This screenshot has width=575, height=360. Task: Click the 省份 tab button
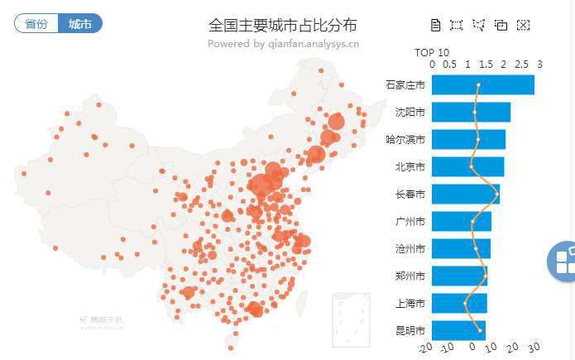pyautogui.click(x=36, y=23)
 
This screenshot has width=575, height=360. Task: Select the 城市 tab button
pyautogui.click(x=80, y=23)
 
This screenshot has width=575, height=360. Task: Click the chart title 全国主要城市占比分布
pyautogui.click(x=283, y=25)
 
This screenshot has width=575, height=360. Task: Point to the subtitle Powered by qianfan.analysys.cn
pyautogui.click(x=283, y=43)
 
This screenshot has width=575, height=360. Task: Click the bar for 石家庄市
pyautogui.click(x=482, y=84)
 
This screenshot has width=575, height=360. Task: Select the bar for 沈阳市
pyautogui.click(x=471, y=112)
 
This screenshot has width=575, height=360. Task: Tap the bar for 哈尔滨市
pyautogui.click(x=468, y=139)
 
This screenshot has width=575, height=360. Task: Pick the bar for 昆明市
pyautogui.click(x=458, y=330)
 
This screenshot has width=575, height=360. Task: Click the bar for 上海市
pyautogui.click(x=459, y=303)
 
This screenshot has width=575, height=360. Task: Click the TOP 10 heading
pyautogui.click(x=432, y=52)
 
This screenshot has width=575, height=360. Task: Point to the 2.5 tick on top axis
pyautogui.click(x=521, y=64)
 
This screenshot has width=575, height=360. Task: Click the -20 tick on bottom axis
pyautogui.click(x=425, y=348)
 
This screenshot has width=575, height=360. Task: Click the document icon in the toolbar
pyautogui.click(x=436, y=25)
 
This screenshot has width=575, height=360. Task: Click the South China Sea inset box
pyautogui.click(x=350, y=319)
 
